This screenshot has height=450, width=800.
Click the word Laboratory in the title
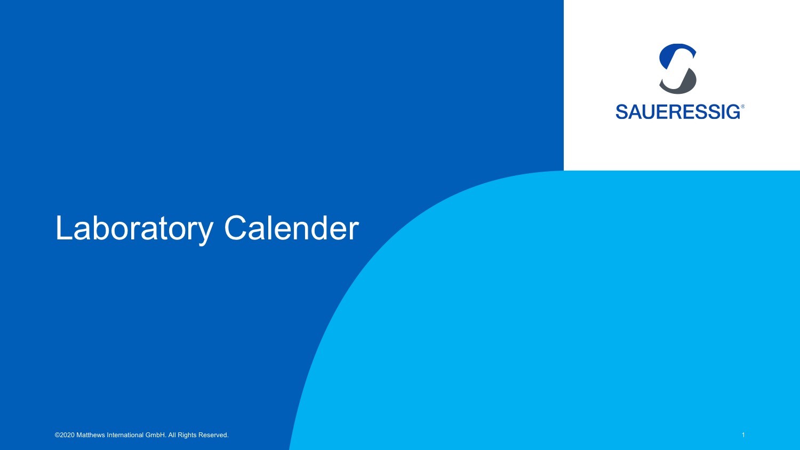point(134,229)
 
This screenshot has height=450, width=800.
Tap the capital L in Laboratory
point(65,228)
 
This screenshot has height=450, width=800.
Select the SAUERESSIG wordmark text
point(678,112)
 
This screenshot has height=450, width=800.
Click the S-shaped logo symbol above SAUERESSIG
point(677,69)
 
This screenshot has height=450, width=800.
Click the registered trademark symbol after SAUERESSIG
point(742,107)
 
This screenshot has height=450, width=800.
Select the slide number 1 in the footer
point(743,435)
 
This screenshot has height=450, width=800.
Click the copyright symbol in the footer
point(57,435)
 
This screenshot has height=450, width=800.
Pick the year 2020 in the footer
point(67,435)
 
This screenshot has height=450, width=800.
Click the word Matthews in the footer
point(91,435)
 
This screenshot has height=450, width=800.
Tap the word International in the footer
point(125,435)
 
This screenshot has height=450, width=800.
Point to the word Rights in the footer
point(187,436)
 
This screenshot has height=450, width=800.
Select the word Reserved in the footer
point(213,435)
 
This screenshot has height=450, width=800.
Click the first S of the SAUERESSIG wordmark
point(622,112)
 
